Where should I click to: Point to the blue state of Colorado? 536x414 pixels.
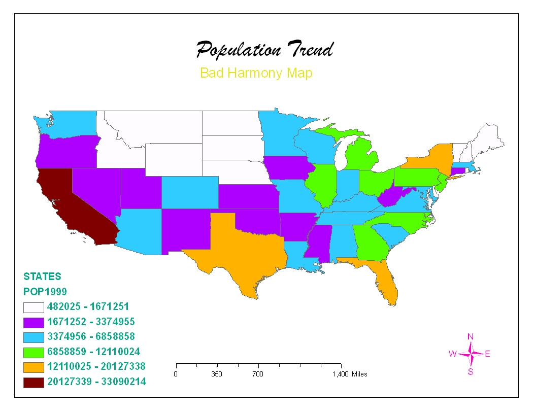(x=190, y=192)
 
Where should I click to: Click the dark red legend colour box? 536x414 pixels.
(x=33, y=382)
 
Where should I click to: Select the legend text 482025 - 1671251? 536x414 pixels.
(x=88, y=306)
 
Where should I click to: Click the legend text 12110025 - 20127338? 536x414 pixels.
(x=96, y=366)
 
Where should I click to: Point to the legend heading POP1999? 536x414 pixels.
(x=45, y=292)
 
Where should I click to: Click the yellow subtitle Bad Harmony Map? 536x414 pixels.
(x=256, y=73)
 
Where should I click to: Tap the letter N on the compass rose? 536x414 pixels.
(x=471, y=336)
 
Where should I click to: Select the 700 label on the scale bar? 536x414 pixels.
(x=258, y=374)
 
